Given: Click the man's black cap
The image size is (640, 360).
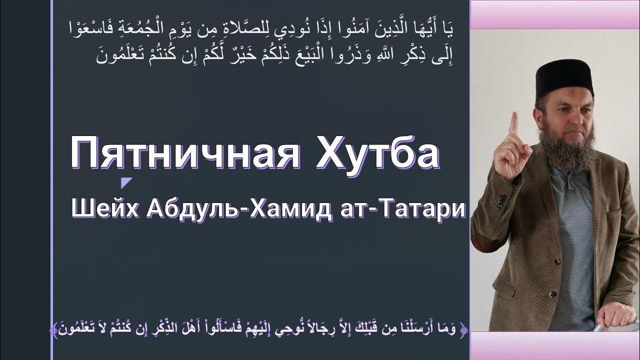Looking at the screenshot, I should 564,78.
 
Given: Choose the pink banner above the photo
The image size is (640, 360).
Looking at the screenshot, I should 555,14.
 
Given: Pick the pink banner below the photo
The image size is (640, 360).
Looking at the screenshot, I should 555,345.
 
